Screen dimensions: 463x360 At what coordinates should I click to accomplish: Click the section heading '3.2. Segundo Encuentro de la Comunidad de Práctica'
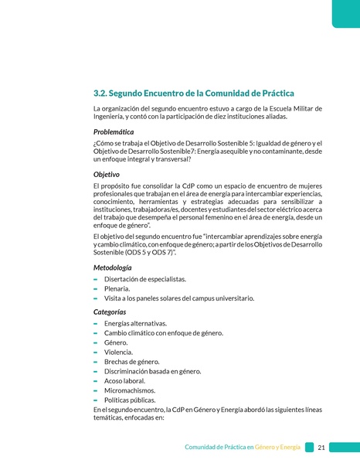[x=193, y=93]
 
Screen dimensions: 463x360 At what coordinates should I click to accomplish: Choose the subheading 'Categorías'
[x=115, y=312]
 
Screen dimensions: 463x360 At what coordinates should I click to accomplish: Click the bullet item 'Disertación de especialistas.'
[x=144, y=278]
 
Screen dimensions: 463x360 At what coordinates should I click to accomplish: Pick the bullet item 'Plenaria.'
[x=122, y=288]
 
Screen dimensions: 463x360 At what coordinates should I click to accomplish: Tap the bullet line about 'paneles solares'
[x=178, y=298]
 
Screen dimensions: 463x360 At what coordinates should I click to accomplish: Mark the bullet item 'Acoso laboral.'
[x=126, y=381]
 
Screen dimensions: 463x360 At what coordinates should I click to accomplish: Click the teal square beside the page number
[x=309, y=448]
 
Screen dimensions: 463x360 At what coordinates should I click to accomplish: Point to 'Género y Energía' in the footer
[x=278, y=448]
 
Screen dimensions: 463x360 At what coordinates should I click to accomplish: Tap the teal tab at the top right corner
[x=345, y=11]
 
